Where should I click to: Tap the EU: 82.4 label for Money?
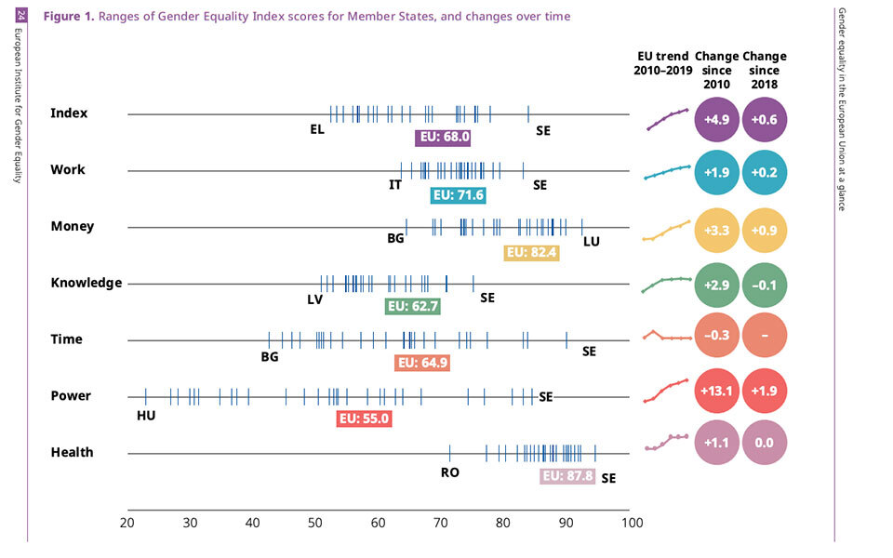coord(531,252)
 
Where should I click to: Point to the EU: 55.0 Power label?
coord(364,418)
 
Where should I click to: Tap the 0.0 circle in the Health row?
coord(765,444)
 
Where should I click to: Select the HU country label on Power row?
coord(146,415)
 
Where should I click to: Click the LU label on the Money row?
coord(592,242)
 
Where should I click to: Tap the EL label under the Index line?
coord(317,129)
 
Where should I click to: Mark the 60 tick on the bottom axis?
coord(379,523)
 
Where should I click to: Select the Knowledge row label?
coord(87,283)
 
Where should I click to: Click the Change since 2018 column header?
coord(765,70)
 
